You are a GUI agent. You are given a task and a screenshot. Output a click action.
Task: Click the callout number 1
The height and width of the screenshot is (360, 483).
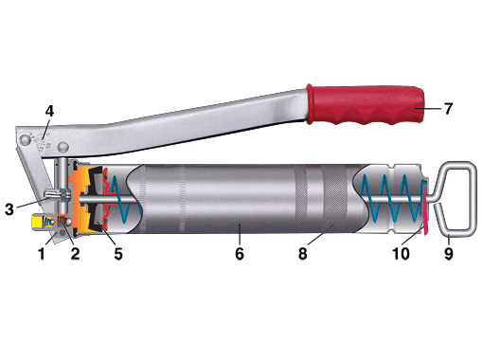tap(42, 254)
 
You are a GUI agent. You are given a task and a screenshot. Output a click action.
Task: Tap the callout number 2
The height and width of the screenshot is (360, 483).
tap(75, 254)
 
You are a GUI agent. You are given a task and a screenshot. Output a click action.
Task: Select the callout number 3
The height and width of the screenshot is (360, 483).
tap(9, 209)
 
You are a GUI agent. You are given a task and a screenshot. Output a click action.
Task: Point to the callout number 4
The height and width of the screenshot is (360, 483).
tap(49, 111)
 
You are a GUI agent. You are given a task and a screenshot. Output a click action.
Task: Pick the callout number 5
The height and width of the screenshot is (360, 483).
tap(118, 254)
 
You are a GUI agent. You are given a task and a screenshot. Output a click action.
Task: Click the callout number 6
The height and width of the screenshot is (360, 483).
tap(240, 254)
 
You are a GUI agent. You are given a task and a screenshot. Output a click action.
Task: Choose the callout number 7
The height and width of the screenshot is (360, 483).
tap(449, 109)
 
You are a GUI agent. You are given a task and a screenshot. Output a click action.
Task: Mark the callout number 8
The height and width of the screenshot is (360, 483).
tap(302, 254)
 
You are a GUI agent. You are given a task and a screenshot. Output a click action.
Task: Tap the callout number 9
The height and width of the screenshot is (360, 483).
tap(449, 254)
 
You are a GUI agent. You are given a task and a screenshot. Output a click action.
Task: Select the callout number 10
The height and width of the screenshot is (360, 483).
tap(401, 254)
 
